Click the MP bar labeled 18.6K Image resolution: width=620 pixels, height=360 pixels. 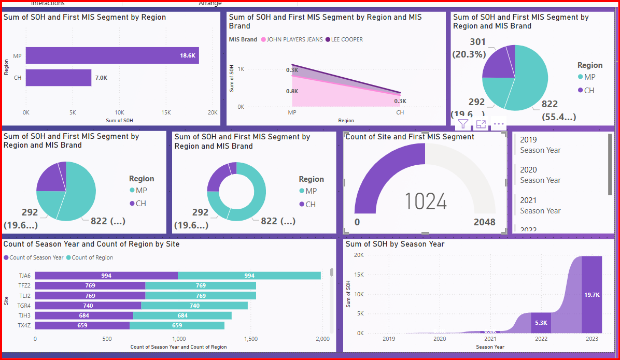coord(112,55)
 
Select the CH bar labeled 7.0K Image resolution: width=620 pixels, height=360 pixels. coord(59,78)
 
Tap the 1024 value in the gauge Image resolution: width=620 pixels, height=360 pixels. coord(425,201)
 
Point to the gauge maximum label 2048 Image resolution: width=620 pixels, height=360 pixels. coord(484,222)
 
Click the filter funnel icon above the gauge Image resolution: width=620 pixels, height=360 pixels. coord(463,124)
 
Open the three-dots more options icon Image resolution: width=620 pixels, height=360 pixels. coord(499,124)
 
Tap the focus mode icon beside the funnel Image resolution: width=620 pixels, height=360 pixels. coord(481,124)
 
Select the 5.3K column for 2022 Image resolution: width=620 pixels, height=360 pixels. coord(541,322)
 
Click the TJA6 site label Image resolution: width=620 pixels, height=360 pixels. coord(24,276)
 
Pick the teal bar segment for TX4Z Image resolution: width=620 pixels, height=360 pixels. coord(177,325)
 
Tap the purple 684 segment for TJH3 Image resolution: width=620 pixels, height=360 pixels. coord(84,315)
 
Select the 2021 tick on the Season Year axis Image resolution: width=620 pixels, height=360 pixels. coord(490,339)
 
